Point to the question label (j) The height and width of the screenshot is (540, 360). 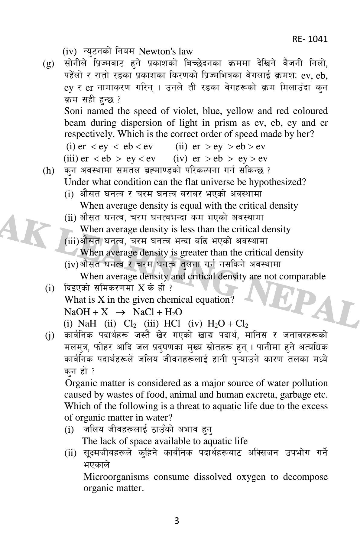(49, 336)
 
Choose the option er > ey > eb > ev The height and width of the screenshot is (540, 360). (220, 147)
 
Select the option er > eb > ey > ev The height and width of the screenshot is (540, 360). (220, 158)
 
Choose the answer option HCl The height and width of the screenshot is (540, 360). (172, 324)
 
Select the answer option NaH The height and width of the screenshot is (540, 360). (87, 324)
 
